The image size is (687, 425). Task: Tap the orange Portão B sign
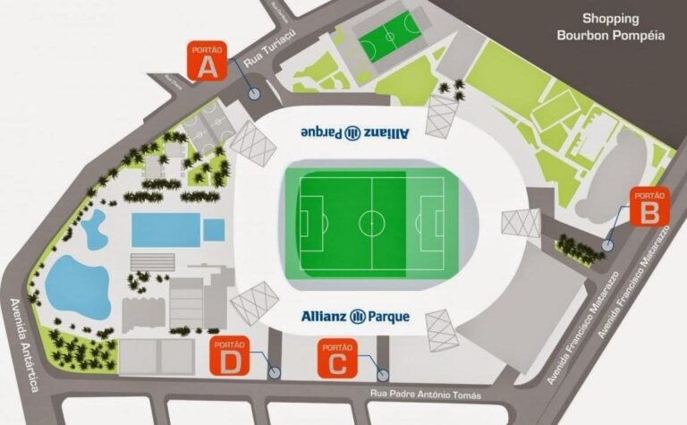pos(649,207)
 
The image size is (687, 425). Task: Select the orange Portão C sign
pos(337,358)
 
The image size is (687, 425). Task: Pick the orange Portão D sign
pos(230,358)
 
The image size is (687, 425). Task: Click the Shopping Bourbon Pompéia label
pos(598,27)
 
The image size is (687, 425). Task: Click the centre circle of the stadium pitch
pos(371,222)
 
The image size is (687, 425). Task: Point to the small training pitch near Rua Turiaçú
pos(389,36)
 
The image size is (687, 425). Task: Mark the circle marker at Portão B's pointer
pos(607,244)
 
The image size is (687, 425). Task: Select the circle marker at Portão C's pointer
pos(383,376)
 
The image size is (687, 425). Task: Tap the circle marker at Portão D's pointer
pos(275,372)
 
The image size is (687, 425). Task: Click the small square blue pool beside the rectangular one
pos(213,230)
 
